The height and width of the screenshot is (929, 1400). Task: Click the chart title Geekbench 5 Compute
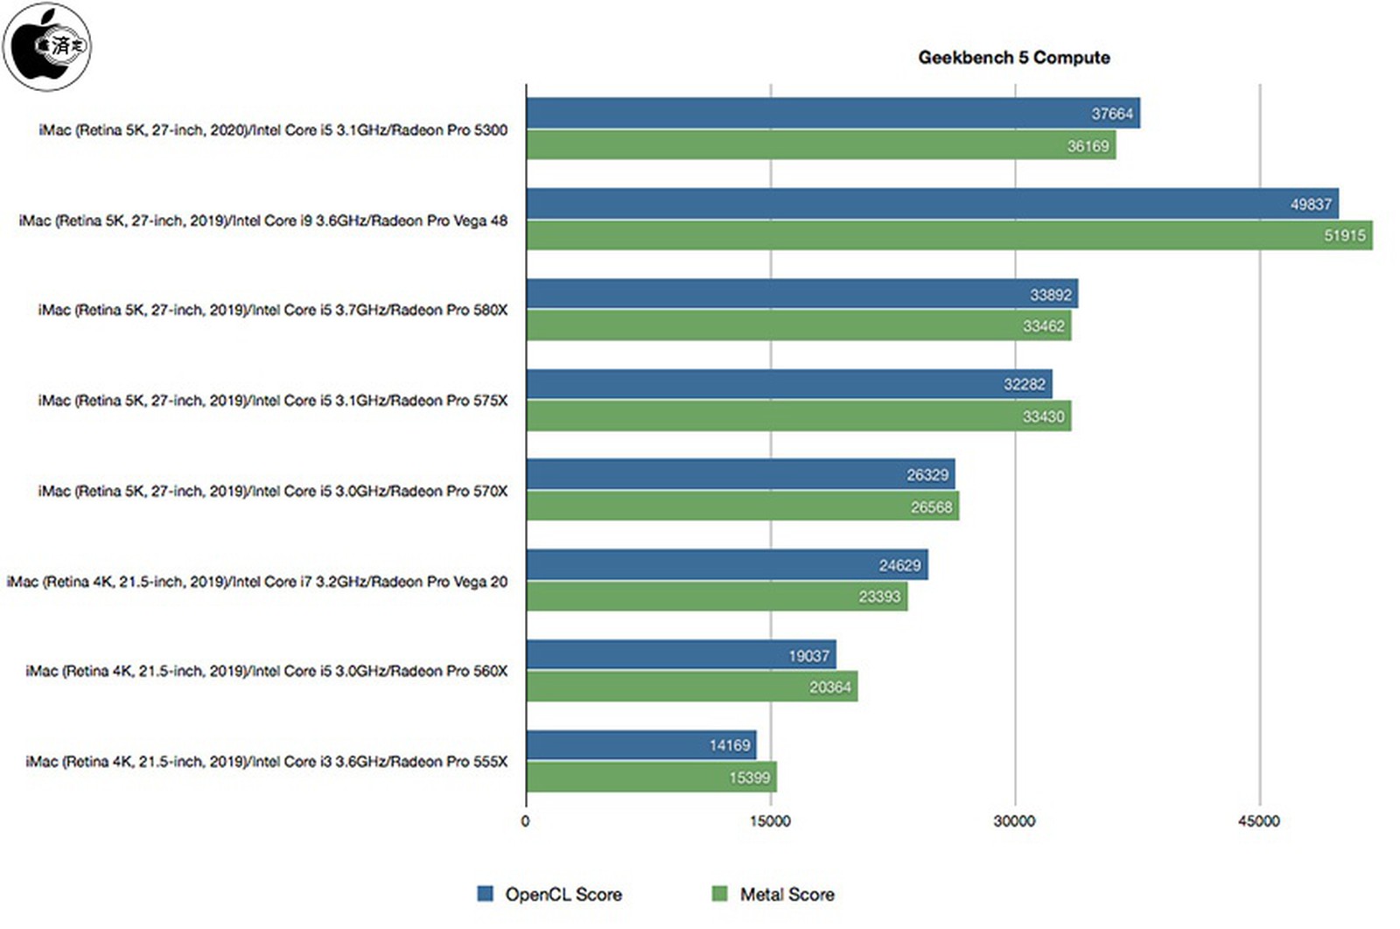pos(1013,58)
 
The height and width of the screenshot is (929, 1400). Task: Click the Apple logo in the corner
pos(47,46)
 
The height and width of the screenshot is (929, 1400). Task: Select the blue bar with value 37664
pos(831,113)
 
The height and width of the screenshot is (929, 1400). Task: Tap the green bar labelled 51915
pos(948,235)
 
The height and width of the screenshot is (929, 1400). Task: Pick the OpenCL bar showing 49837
pos(931,204)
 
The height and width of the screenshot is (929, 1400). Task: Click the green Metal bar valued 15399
pos(651,777)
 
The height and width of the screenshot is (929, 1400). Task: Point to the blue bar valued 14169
pos(640,745)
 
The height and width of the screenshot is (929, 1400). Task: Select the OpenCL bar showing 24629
pos(726,565)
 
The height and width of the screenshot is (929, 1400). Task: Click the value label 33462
pos(1043,326)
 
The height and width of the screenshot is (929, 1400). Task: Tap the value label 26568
pos(930,507)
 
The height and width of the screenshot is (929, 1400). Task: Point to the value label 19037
pos(808,656)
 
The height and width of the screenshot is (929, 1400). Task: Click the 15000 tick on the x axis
pos(770,821)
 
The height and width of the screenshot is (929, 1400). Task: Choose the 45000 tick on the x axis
pos(1258,821)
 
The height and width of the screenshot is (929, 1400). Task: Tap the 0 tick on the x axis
pos(525,821)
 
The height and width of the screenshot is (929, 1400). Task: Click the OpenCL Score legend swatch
pos(485,894)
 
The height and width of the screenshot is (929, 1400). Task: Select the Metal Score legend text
pos(787,894)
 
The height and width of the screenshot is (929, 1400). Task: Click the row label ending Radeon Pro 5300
pos(272,130)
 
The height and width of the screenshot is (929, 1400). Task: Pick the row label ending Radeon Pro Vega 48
pos(262,220)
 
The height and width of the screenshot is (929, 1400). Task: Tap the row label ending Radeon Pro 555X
pos(266,761)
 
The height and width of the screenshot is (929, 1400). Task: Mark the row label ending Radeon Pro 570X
pos(272,491)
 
